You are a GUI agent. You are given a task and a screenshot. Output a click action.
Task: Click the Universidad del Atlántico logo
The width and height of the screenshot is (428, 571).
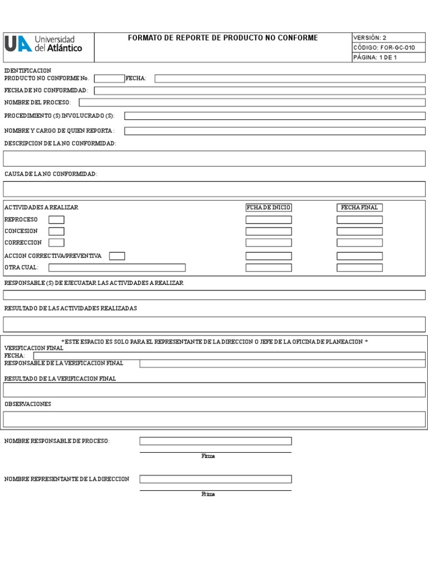pos(43,44)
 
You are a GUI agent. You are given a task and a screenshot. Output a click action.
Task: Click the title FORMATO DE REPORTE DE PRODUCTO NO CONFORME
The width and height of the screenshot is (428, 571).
pos(223,38)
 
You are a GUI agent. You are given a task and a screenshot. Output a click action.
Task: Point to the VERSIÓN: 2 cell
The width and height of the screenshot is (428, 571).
pos(388,38)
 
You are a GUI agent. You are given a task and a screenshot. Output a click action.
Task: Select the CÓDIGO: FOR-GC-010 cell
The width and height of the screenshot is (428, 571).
pos(388,47)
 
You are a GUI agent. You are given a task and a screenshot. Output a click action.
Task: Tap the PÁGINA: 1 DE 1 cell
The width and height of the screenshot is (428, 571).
pos(388,57)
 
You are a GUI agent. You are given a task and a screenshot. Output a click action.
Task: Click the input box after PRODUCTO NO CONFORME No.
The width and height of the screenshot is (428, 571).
pos(110,79)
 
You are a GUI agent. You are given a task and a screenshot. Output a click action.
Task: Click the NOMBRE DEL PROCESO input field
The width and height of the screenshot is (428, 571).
pos(252,103)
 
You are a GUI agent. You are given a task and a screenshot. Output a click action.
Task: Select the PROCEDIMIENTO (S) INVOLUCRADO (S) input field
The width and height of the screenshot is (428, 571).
pos(275,116)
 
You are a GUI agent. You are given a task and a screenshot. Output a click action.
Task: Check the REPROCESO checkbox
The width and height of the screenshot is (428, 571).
pos(56,220)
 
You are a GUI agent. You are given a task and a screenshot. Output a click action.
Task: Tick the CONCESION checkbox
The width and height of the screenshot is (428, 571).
pos(56,231)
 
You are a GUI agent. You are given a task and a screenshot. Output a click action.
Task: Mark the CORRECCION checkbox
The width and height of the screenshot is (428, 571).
pos(56,243)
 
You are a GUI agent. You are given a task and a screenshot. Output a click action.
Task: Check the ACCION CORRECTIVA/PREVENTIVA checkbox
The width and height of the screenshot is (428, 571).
pos(117,256)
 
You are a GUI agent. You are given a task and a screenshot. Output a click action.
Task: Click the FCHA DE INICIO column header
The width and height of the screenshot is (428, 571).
pos(269,207)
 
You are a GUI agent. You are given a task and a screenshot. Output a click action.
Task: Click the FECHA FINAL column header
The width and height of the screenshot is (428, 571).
pos(359,207)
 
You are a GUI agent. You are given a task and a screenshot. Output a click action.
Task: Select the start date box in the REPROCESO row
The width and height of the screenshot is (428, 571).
pos(269,220)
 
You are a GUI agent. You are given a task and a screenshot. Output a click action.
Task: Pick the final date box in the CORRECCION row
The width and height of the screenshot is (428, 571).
pos(359,243)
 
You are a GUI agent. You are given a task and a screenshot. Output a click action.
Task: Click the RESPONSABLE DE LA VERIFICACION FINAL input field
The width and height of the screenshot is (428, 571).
pos(282,364)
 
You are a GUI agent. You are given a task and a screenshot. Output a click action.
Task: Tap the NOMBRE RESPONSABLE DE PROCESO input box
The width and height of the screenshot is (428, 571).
pos(215,441)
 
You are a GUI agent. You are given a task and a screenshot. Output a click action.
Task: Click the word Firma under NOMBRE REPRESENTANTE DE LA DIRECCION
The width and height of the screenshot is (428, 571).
pos(208,495)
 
